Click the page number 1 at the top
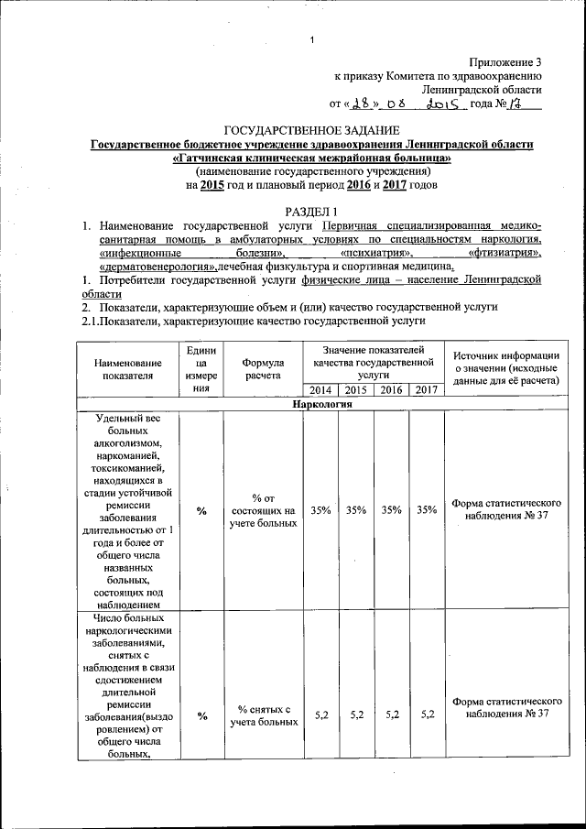coord(312,39)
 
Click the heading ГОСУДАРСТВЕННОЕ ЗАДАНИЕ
coord(311,132)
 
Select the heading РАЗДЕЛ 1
coord(310,212)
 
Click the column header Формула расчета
coord(263,369)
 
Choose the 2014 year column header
coord(320,389)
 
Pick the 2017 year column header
coord(426,389)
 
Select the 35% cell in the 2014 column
coord(320,510)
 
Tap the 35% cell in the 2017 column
coord(426,510)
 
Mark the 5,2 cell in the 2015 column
coord(356,714)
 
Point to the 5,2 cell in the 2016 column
coord(392,714)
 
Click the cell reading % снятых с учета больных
coord(263,715)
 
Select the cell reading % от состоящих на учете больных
coord(263,510)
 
